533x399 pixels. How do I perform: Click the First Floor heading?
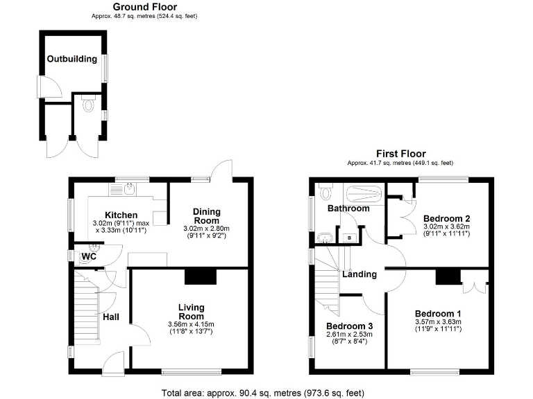click(x=400, y=154)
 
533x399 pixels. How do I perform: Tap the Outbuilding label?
click(x=71, y=59)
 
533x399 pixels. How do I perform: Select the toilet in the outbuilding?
click(x=87, y=105)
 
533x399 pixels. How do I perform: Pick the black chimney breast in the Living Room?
click(x=201, y=276)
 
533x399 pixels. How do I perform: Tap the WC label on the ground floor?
click(x=89, y=257)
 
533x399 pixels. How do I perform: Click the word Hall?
click(x=111, y=317)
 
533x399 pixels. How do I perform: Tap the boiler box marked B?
click(x=348, y=238)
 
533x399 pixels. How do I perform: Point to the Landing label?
click(x=359, y=274)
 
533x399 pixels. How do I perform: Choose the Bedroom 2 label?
click(x=446, y=219)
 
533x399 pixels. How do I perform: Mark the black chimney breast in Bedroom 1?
click(x=448, y=276)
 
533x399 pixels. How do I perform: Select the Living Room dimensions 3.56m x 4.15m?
click(x=191, y=324)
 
